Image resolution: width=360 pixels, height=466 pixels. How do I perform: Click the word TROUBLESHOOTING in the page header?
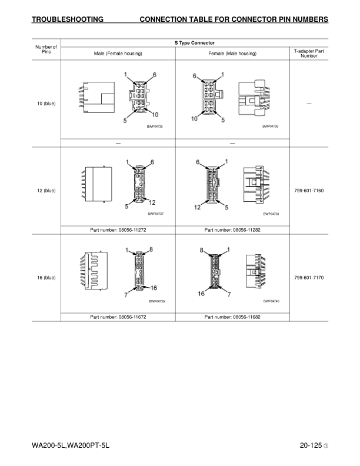(x=68, y=19)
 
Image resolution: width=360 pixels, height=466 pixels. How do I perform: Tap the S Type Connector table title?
(x=195, y=43)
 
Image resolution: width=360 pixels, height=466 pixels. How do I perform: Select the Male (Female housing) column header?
(x=118, y=54)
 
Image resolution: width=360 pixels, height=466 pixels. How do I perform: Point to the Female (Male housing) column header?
(x=232, y=54)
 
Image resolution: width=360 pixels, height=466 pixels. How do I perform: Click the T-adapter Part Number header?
(x=309, y=54)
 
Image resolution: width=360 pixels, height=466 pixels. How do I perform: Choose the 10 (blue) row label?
(x=46, y=104)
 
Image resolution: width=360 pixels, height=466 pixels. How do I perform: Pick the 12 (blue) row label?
(x=46, y=191)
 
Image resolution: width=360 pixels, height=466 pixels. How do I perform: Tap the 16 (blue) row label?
(x=46, y=278)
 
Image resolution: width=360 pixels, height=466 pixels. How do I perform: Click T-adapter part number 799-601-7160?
(x=309, y=191)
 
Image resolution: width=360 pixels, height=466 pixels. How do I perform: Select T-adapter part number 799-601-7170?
(x=309, y=278)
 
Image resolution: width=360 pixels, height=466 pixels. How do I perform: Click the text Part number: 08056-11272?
(x=118, y=230)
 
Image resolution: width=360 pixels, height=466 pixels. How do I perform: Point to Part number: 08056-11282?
(x=232, y=230)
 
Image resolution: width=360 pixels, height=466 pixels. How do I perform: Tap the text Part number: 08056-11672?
(x=118, y=317)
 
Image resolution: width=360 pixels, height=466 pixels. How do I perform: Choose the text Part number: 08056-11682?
(x=232, y=317)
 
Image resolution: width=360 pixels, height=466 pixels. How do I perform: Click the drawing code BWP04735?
(x=155, y=127)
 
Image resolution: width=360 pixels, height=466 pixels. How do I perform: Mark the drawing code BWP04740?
(x=271, y=301)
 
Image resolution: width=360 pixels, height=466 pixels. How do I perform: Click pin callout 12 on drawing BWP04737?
(x=152, y=202)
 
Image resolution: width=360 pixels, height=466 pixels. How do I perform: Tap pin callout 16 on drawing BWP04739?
(x=154, y=288)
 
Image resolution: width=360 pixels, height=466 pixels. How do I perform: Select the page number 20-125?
(x=311, y=445)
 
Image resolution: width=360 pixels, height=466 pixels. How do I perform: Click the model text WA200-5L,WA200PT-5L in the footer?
(x=71, y=445)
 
